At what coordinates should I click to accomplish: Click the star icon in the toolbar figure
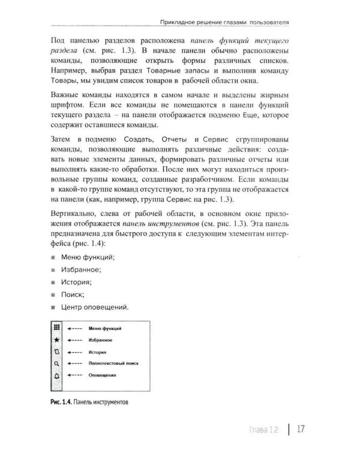click(x=56, y=339)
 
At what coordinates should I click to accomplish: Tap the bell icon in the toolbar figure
click(x=56, y=375)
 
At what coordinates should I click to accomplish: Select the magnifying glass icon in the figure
click(x=56, y=363)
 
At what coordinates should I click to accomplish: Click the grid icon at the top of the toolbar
click(x=56, y=328)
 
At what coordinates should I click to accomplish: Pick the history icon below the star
click(x=56, y=351)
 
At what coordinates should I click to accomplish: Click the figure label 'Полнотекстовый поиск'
click(x=113, y=363)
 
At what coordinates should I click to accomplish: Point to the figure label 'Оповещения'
click(x=102, y=375)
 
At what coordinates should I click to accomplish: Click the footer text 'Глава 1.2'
click(x=265, y=429)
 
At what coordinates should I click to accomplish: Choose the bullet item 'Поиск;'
click(x=73, y=295)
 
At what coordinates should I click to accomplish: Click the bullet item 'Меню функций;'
click(x=88, y=257)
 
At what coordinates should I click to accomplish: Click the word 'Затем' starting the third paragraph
click(x=64, y=140)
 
